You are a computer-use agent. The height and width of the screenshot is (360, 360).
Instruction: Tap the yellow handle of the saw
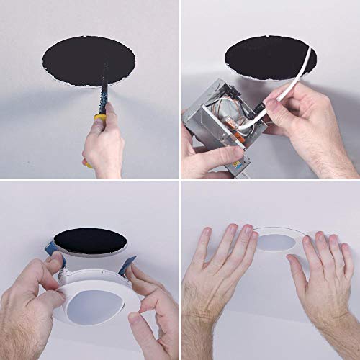101,119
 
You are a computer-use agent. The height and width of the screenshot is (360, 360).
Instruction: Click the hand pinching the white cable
302,126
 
